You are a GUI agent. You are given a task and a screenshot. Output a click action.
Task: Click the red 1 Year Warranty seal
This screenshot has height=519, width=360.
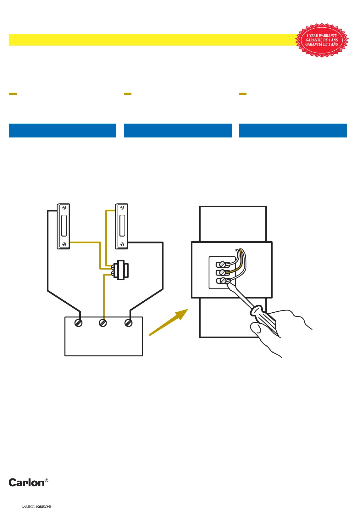pyautogui.click(x=322, y=40)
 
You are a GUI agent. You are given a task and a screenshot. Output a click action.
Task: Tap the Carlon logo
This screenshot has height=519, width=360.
pyautogui.click(x=27, y=483)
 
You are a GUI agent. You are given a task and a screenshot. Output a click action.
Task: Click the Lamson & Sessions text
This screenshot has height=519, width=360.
pyautogui.click(x=36, y=506)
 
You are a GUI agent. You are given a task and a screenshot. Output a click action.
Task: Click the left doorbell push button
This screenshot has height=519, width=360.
pyautogui.click(x=64, y=226)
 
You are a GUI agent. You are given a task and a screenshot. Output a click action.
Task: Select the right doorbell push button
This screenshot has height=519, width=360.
pyautogui.click(x=122, y=226)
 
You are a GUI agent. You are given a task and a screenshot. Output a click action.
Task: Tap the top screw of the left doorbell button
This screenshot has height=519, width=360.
pyautogui.click(x=64, y=208)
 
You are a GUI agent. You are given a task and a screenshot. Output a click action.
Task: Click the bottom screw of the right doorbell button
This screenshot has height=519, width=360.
pyautogui.click(x=122, y=244)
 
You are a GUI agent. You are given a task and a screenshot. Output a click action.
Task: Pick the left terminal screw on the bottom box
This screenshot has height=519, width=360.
pyautogui.click(x=78, y=323)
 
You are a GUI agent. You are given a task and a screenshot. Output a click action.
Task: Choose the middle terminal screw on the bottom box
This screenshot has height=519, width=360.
pyautogui.click(x=103, y=323)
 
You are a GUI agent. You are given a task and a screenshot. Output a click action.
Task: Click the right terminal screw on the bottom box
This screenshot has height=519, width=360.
pyautogui.click(x=128, y=323)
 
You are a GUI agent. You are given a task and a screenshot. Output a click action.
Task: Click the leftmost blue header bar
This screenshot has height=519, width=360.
pyautogui.click(x=63, y=131)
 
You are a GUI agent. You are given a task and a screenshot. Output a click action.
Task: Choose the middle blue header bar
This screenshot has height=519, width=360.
pyautogui.click(x=178, y=131)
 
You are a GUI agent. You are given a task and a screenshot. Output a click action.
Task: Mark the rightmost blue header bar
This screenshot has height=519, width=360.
pyautogui.click(x=293, y=131)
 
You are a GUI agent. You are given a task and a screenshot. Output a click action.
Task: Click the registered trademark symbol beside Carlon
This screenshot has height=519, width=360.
pyautogui.click(x=46, y=480)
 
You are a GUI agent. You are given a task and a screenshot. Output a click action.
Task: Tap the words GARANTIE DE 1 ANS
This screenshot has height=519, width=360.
pyautogui.click(x=322, y=40)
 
